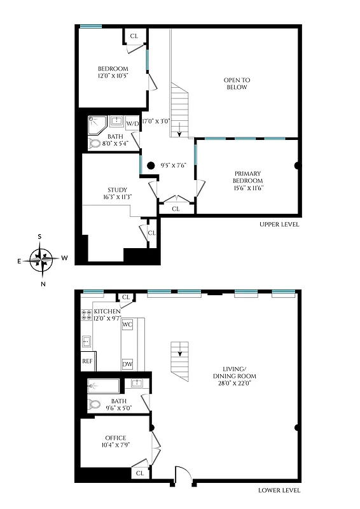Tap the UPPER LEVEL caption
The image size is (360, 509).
(x=279, y=225)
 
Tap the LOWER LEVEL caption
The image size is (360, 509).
(x=279, y=491)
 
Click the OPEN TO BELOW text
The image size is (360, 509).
(x=237, y=83)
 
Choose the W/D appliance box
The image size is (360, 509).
(x=132, y=123)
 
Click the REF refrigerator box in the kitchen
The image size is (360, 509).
(x=87, y=361)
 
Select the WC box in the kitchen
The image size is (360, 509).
(x=127, y=324)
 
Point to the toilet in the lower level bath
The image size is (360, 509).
(x=95, y=403)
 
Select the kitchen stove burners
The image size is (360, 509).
(x=86, y=316)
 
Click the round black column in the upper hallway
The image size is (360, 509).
(x=151, y=166)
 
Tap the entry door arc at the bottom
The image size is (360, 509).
(x=182, y=475)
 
